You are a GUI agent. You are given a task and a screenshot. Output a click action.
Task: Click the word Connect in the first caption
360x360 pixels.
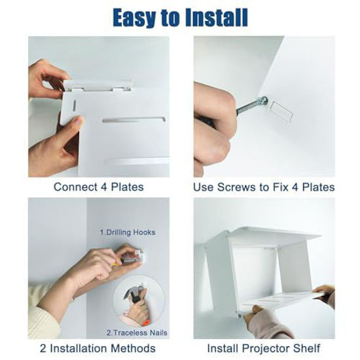[x=75, y=187]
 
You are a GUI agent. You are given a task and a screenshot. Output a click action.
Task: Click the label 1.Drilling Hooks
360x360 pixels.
[x=128, y=232]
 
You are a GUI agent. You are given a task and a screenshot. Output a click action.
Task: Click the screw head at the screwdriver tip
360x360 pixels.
[x=262, y=101]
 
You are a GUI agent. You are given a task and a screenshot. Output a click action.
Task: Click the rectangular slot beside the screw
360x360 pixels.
[x=281, y=112]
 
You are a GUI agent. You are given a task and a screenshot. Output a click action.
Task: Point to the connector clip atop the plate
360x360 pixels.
[x=98, y=86]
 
